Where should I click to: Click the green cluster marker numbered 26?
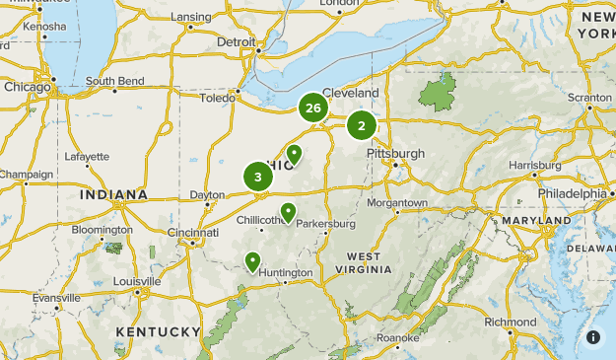(313, 108)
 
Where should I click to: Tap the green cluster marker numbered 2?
(362, 125)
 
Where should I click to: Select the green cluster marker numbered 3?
(258, 178)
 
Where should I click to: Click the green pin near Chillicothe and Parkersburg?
(288, 212)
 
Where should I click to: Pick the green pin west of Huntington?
(253, 261)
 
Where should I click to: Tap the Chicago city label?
(27, 86)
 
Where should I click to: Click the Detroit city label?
(236, 42)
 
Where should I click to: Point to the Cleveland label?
(350, 93)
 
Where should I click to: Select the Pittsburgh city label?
(395, 154)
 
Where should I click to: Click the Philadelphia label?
(572, 193)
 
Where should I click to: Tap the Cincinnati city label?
(192, 233)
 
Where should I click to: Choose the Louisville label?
(136, 280)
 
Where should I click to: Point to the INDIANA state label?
(114, 195)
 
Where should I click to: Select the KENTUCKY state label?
(158, 330)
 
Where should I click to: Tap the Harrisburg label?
(536, 165)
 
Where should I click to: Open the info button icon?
(593, 337)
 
